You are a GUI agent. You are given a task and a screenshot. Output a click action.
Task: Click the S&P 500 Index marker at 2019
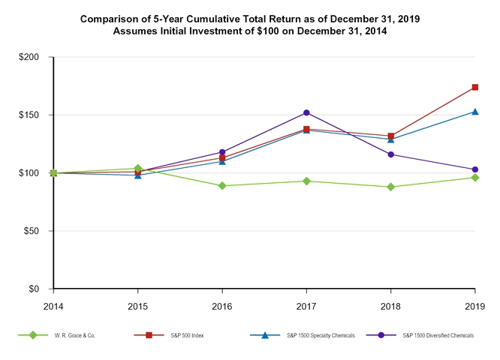475,87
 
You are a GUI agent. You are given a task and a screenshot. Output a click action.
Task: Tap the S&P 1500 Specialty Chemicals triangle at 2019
475,112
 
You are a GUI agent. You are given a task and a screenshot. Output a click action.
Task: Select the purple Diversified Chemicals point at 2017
306,112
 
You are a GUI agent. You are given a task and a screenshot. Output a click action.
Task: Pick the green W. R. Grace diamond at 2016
222,185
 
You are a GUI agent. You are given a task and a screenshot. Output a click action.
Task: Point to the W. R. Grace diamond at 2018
391,187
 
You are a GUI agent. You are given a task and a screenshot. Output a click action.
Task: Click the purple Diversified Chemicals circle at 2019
475,169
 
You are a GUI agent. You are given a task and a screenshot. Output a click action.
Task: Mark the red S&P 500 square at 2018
391,136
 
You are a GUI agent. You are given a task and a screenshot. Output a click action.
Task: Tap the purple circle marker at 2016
222,152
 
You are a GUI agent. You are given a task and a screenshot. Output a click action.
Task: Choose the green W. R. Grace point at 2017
306,181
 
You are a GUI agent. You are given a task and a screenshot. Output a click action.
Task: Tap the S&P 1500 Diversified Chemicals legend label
438,334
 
